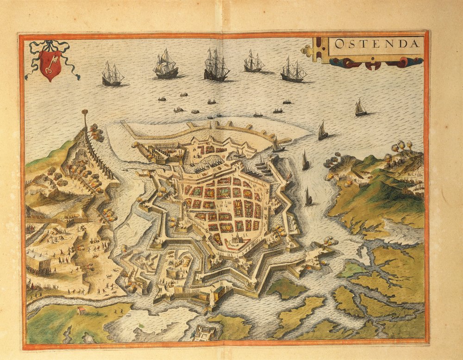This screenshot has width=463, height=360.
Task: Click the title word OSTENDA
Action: tap(376, 45)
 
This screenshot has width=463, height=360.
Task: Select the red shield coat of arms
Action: tap(50, 65)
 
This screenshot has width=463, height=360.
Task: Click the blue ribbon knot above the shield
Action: tap(49, 45)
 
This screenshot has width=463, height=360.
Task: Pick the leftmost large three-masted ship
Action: tap(113, 75)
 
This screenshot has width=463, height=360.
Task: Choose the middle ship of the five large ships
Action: tap(216, 67)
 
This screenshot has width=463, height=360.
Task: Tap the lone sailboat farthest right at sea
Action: tap(360, 108)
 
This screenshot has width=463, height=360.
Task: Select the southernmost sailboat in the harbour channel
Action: tap(308, 198)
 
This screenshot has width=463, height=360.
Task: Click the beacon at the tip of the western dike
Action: tap(85, 114)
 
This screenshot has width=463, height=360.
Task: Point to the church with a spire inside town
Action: tap(236, 239)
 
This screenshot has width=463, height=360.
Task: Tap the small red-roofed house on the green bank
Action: tap(82, 310)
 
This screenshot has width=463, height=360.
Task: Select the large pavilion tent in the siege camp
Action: tap(38, 262)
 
